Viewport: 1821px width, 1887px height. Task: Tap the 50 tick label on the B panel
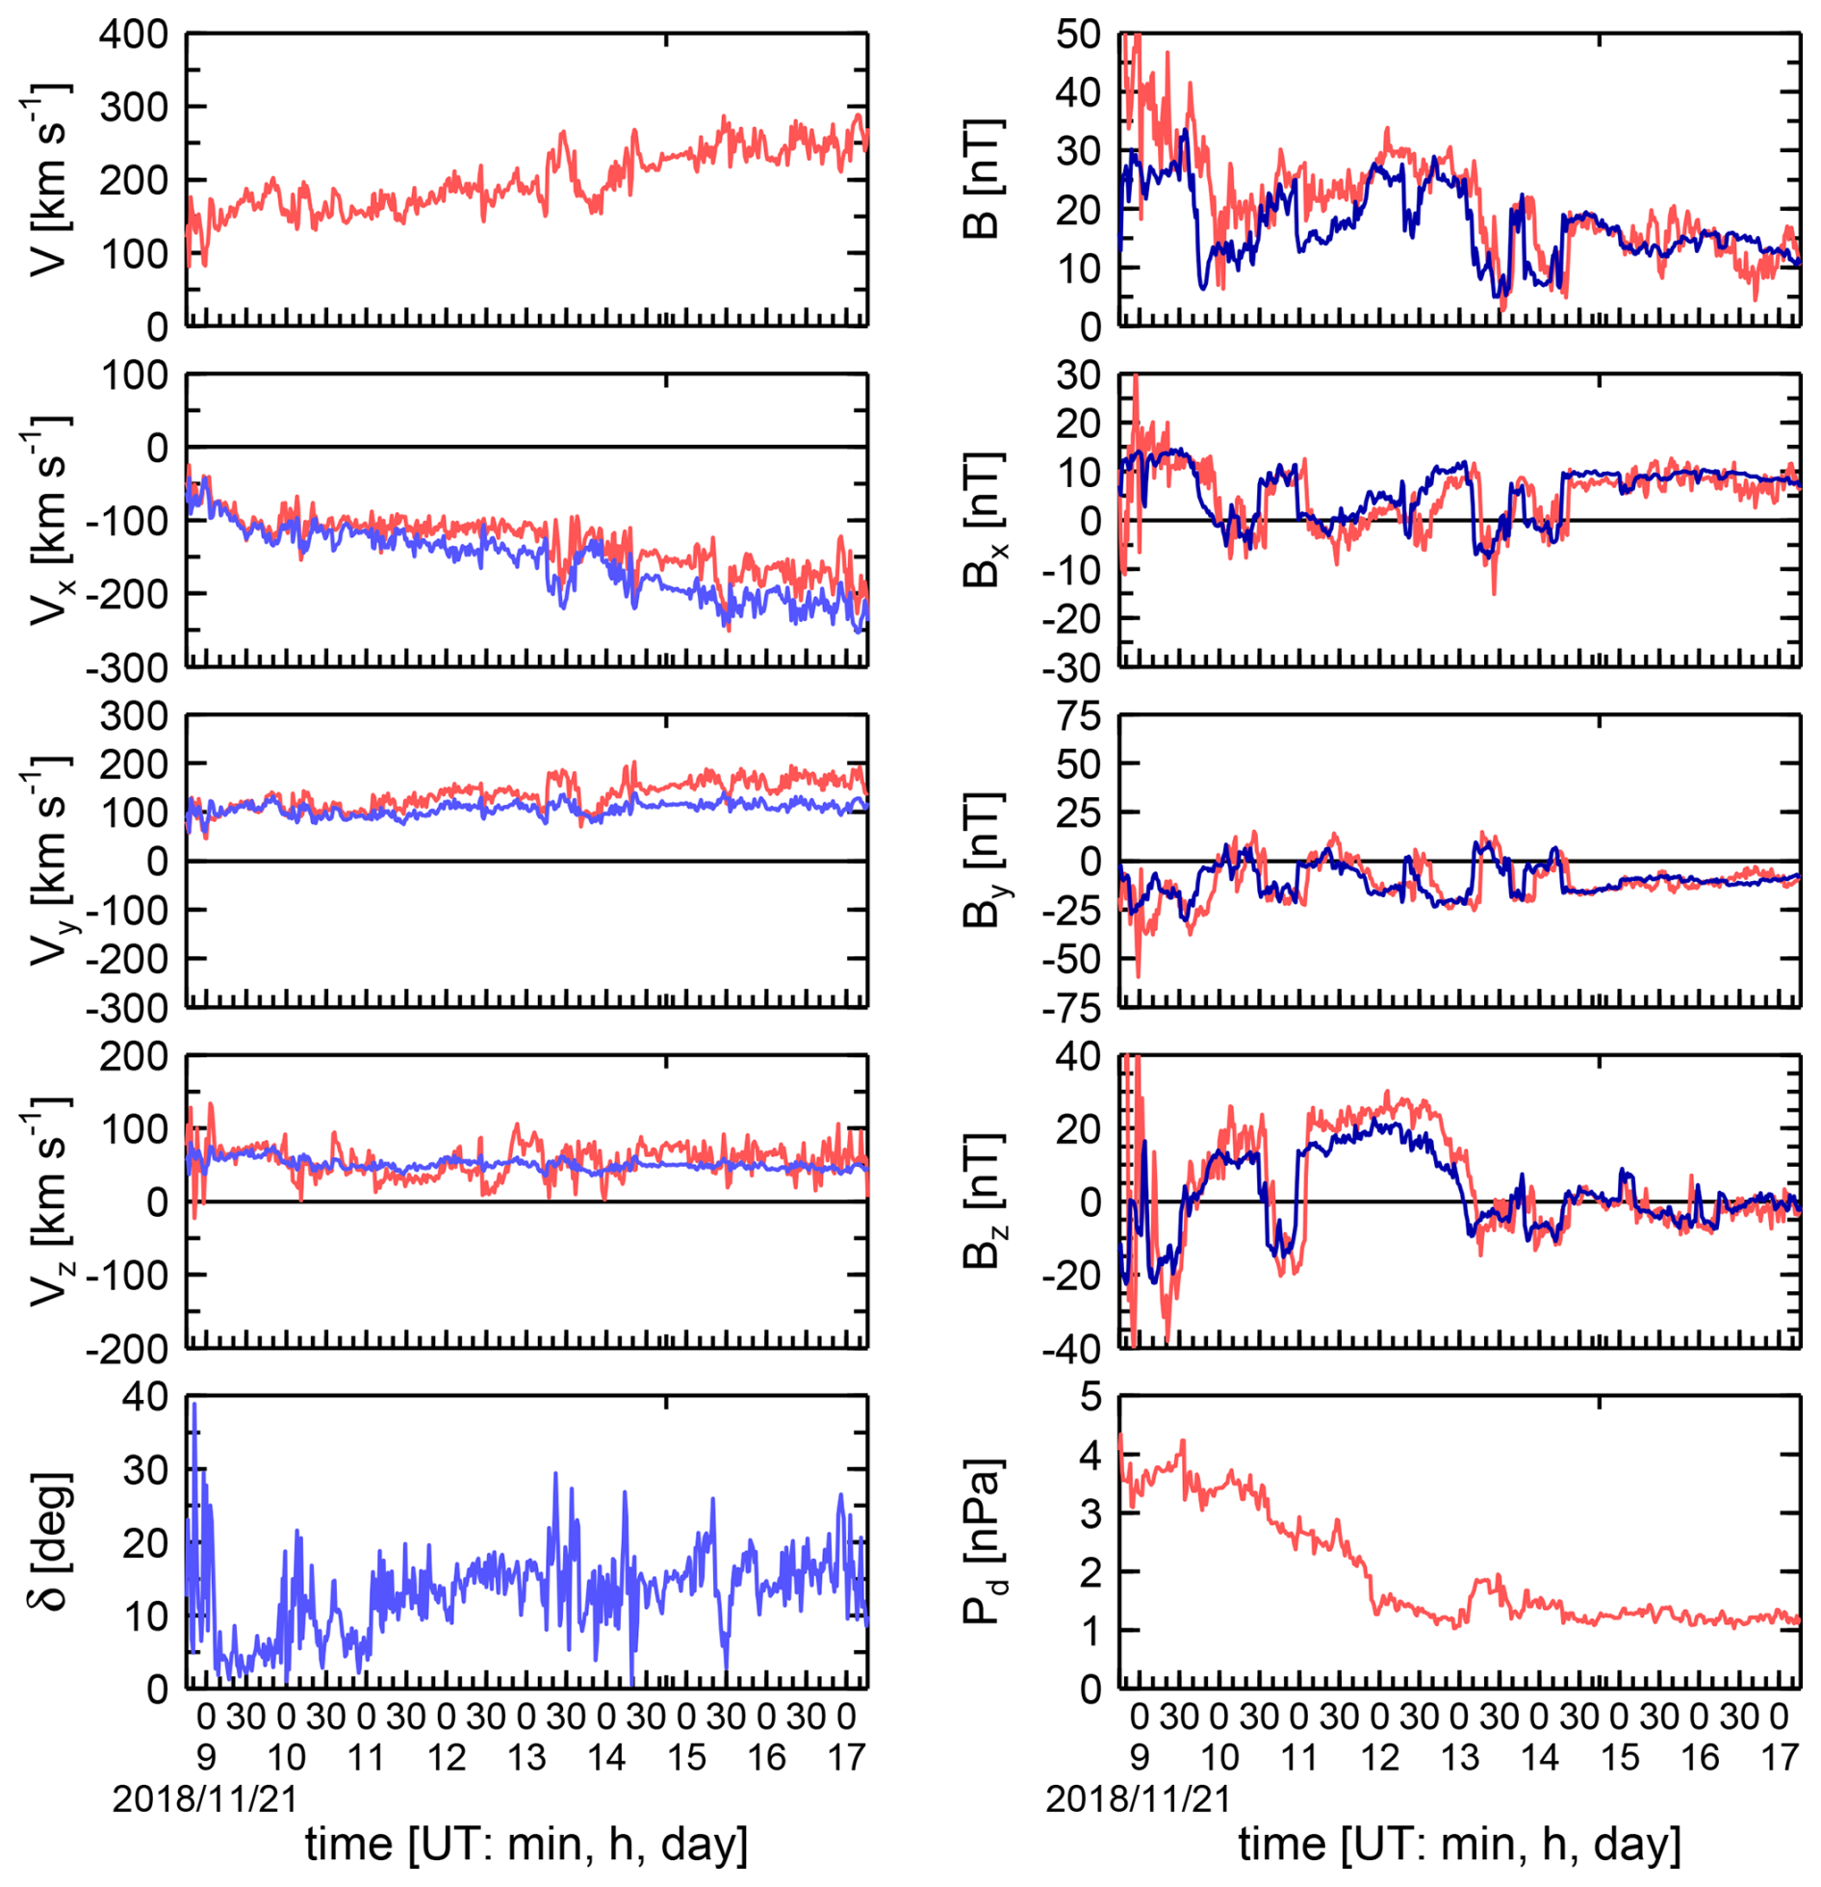[1078, 35]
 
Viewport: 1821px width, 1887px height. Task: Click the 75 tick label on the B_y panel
[1079, 716]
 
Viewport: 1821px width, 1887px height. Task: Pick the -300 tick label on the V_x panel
[127, 667]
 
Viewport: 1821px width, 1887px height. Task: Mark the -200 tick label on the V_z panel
[127, 1349]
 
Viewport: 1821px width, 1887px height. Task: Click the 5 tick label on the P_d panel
[1090, 1397]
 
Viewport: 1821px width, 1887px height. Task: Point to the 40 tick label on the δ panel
[144, 1397]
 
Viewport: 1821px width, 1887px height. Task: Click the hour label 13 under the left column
[526, 1758]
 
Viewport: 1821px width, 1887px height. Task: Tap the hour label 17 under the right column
[1780, 1758]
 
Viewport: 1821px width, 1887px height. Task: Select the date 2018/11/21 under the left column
[204, 1798]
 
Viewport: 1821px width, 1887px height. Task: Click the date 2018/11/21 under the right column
[1138, 1798]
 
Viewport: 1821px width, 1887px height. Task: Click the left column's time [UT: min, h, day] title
[526, 1845]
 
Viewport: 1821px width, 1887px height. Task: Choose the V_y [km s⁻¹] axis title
[48, 862]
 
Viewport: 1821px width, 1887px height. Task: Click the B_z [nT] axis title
[985, 1202]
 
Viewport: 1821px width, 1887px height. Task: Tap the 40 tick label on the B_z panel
[1078, 1056]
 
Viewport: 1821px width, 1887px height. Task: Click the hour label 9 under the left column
[206, 1758]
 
